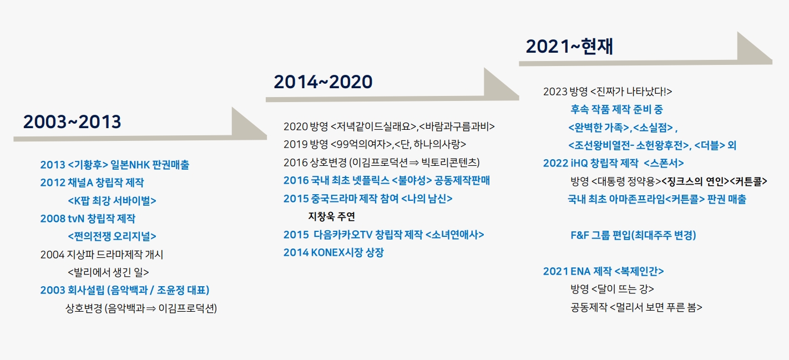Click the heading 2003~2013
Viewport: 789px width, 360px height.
(x=72, y=122)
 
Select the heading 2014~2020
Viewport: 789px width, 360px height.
(x=323, y=82)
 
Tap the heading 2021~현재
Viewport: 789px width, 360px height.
(x=569, y=47)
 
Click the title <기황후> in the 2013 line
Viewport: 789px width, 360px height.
(x=88, y=165)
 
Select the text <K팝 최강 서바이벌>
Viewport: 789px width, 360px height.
(x=112, y=201)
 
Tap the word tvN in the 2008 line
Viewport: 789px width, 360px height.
(x=75, y=219)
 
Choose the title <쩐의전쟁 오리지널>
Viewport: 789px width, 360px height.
(x=112, y=236)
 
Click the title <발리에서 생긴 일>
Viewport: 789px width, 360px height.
(x=108, y=272)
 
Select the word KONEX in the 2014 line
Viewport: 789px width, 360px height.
(x=327, y=252)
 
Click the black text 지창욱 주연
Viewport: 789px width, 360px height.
(x=331, y=217)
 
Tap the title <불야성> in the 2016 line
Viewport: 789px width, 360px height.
(x=412, y=181)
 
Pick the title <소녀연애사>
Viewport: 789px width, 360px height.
(x=455, y=235)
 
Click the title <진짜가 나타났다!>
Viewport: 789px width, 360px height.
(x=631, y=92)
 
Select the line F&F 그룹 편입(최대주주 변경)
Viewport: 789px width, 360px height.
(x=633, y=235)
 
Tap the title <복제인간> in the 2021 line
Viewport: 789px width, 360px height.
(x=639, y=271)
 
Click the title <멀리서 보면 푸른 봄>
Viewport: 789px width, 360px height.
(x=655, y=307)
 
